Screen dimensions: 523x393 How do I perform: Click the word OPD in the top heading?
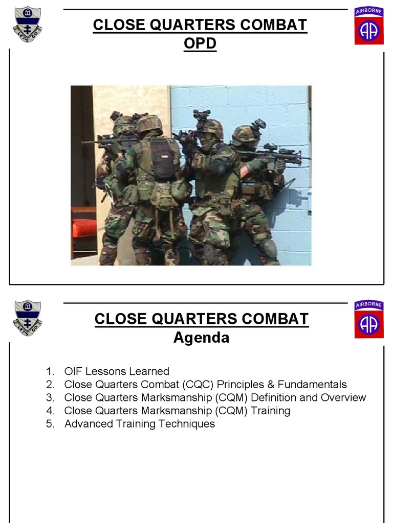[200, 44]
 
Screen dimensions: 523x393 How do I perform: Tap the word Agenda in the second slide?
[201, 338]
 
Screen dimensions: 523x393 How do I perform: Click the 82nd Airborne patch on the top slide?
[368, 26]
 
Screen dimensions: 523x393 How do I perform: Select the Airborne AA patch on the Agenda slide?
[368, 319]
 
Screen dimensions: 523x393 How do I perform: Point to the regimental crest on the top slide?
[28, 24]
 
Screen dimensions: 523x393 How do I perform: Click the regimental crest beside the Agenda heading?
[28, 318]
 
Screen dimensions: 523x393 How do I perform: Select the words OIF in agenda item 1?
[73, 371]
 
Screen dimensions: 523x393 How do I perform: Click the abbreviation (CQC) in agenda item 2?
[199, 385]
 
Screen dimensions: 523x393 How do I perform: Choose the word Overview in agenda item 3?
[343, 397]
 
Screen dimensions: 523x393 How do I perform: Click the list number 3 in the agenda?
[50, 397]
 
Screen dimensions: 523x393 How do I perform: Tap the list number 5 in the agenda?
[50, 424]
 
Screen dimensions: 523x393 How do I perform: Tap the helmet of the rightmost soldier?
[245, 135]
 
